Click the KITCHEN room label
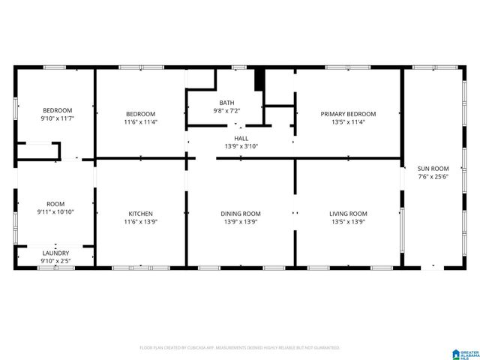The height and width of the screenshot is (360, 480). [x=140, y=214]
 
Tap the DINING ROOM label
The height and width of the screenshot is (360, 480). [x=240, y=214]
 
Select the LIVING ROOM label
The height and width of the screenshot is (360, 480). [x=348, y=214]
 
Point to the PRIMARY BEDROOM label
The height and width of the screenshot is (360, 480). [x=348, y=114]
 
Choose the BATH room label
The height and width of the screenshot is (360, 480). [x=226, y=103]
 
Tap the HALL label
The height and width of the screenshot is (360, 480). [x=241, y=138]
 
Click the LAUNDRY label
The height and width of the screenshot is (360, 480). [x=55, y=253]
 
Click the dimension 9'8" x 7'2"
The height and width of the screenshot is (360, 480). [x=226, y=111]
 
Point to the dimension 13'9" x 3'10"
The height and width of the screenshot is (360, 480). [x=241, y=146]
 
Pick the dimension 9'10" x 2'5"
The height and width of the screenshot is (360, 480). [x=55, y=261]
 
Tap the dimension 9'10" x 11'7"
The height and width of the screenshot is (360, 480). [x=57, y=118]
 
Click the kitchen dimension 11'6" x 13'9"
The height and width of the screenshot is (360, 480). [x=140, y=222]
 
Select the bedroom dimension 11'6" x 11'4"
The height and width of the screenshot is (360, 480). [x=140, y=121]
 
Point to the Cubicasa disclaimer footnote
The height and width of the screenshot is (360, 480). [x=240, y=348]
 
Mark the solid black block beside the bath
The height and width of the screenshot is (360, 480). [x=259, y=79]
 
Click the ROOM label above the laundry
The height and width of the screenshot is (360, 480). [x=55, y=204]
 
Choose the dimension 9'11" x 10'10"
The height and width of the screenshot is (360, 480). [x=55, y=212]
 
